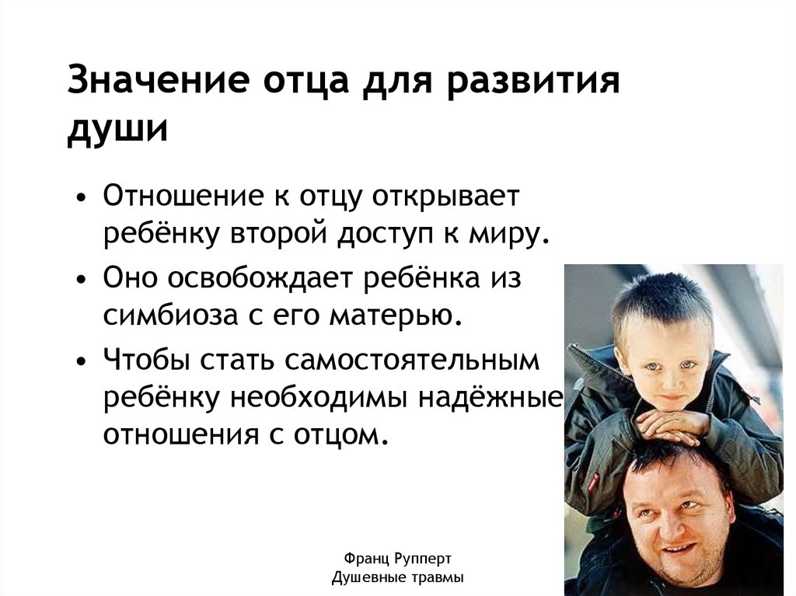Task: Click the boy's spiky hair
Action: [x=661, y=299]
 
